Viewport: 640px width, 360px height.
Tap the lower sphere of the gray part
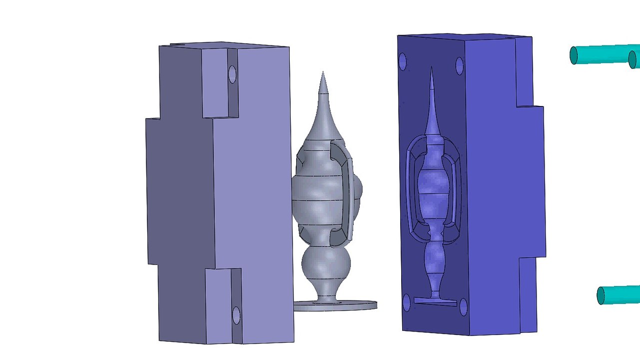coord(327,264)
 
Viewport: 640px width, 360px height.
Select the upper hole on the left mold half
coord(232,74)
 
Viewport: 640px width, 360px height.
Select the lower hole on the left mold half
coord(236,315)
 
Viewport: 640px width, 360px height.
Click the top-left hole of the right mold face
coord(403,62)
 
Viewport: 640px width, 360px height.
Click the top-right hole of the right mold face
coord(460,65)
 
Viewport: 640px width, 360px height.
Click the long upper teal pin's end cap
coord(574,55)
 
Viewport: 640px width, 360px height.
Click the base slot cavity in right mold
coord(435,301)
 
